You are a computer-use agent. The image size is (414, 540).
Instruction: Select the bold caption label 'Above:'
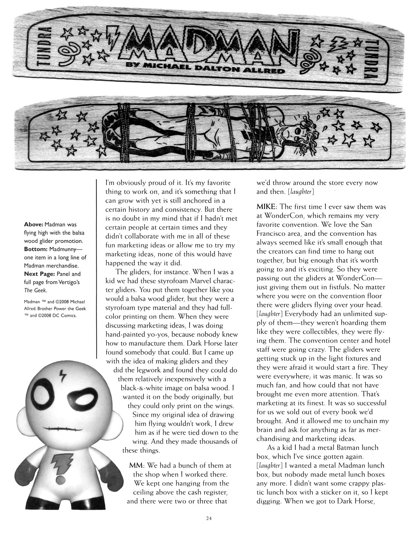(34, 224)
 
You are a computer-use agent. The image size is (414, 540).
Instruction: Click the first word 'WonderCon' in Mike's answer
(281, 215)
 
